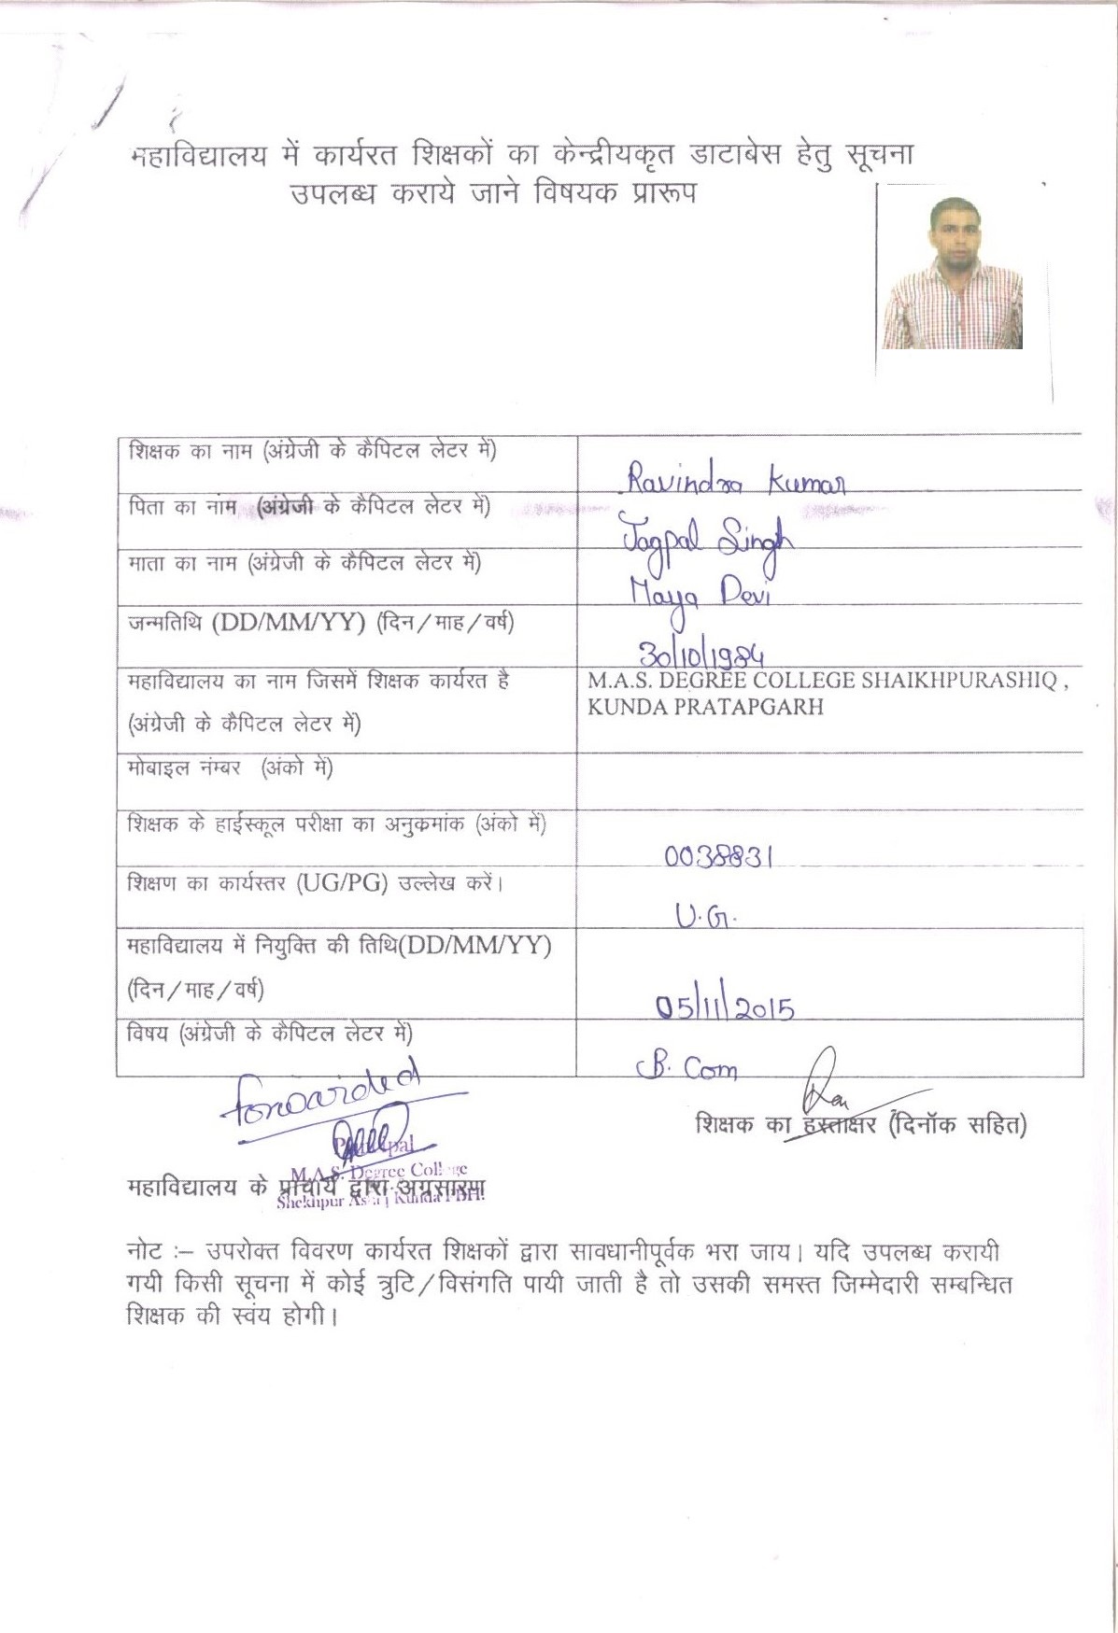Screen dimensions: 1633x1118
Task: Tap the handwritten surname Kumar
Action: (808, 483)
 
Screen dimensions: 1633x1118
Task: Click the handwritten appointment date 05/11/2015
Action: (724, 1007)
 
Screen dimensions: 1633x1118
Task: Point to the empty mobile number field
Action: (829, 780)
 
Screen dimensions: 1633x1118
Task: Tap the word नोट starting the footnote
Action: (145, 1251)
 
